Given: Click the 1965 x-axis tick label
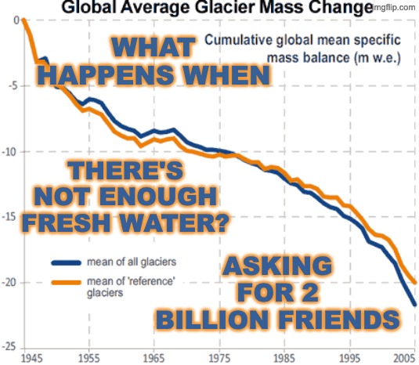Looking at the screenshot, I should click(157, 357).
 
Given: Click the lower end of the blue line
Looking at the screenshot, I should click(415, 304).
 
